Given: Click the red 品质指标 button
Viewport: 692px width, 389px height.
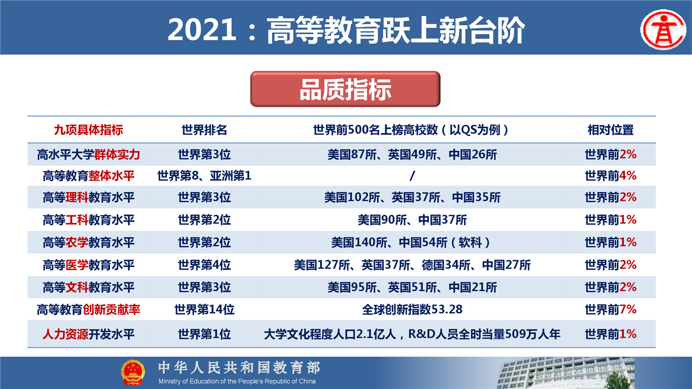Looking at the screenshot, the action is point(345,89).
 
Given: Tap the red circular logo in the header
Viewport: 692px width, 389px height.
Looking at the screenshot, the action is point(663,30).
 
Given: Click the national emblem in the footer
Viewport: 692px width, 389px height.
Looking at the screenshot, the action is point(133,372).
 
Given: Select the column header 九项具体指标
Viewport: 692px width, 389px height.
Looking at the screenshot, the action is point(88,130).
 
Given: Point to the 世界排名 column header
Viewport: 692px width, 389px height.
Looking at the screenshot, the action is point(204,130).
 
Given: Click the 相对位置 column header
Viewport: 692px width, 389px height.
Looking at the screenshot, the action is point(610,130).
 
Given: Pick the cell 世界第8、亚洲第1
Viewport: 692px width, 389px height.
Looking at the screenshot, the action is point(204,176).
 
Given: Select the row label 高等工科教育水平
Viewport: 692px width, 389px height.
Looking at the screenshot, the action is point(88,220).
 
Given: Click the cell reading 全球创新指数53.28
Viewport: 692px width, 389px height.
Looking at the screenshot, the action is point(412,309).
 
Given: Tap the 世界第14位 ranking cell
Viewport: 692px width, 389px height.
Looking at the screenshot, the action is point(204,309).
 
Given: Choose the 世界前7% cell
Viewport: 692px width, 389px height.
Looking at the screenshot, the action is point(610,309).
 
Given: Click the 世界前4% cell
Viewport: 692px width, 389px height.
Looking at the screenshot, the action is point(610,176).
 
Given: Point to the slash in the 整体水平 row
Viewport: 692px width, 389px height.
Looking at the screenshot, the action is point(412,176).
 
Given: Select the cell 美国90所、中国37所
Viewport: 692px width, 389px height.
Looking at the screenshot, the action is point(412,220).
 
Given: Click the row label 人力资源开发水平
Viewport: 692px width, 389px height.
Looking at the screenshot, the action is point(88,334).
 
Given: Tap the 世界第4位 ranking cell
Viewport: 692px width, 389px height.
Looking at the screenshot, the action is point(204,265).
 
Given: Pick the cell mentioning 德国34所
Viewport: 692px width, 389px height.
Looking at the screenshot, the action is point(412,265).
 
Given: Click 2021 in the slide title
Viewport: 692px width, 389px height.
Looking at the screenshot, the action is point(202,30).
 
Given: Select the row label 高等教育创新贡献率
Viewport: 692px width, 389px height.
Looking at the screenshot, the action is point(88,309).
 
